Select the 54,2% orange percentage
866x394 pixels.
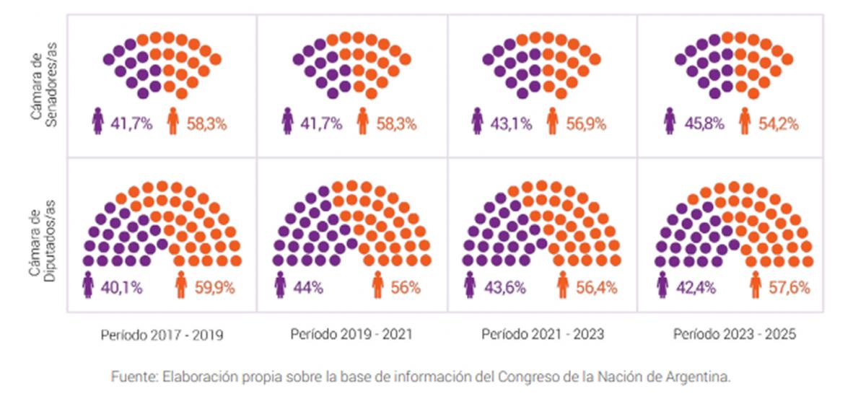point(779,123)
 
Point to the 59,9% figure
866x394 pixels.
point(214,288)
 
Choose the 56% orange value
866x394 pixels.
point(406,288)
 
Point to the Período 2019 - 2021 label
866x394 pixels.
point(351,335)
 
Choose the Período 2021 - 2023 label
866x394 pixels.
point(543,335)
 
